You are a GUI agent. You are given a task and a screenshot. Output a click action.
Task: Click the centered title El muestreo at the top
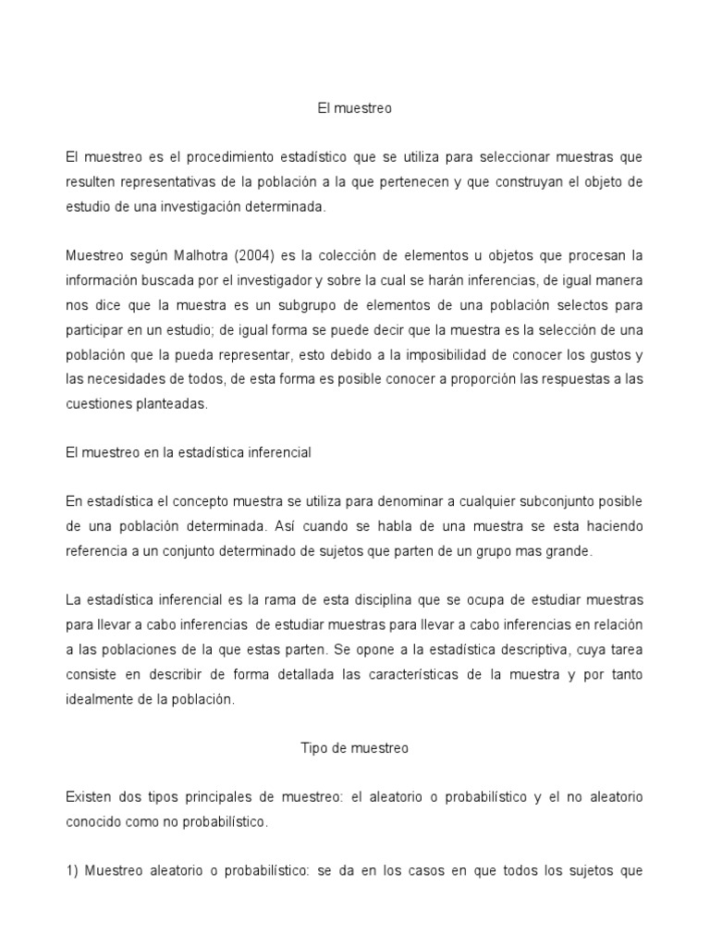coord(355,108)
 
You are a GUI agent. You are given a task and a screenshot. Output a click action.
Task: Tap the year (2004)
coord(252,253)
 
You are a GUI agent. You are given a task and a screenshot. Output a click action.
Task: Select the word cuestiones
coord(96,403)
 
